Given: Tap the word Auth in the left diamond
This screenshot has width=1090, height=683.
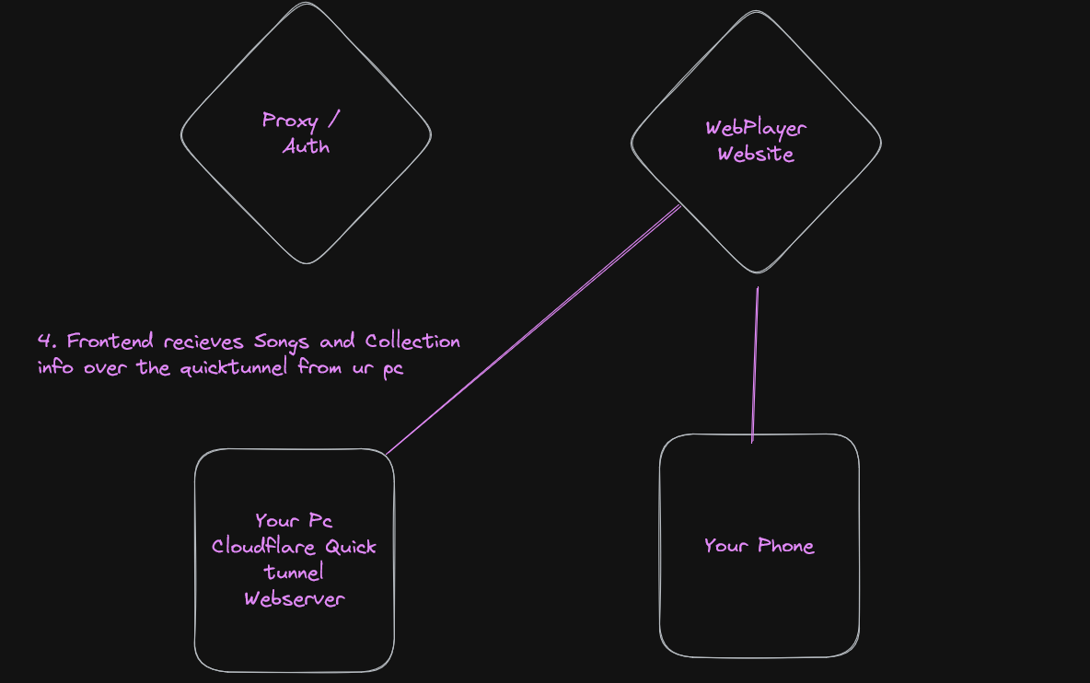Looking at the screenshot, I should pos(307,145).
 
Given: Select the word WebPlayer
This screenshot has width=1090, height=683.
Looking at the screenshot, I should pos(756,128).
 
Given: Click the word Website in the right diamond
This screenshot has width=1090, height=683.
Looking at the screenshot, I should pos(756,154).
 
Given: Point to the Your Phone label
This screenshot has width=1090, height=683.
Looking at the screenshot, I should pos(759,546).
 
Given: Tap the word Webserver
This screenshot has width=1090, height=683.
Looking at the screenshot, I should pos(295,599).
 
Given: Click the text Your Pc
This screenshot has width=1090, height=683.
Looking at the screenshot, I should pos(295,521).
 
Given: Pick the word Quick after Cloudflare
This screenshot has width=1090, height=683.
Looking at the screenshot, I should pos(349,547).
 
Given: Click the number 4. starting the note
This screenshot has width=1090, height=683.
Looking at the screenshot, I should pos(47,341).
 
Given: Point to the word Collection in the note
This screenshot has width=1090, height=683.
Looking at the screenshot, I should pos(412,341).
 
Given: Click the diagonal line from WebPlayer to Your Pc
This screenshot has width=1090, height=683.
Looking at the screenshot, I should pos(534,329).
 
